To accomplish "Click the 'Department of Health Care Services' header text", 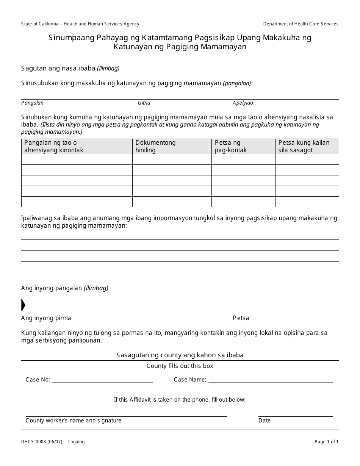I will (301, 24).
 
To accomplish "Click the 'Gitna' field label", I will (144, 103).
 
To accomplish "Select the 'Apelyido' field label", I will (243, 103).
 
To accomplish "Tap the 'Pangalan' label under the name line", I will (32, 103).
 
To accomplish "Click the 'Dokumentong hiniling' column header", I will (156, 146).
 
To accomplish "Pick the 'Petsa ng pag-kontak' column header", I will (231, 146).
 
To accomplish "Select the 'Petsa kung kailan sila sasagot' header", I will (304, 146).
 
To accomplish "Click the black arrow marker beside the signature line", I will (23, 305).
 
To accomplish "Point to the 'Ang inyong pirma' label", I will (46, 318).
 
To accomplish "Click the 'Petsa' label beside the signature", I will (241, 318).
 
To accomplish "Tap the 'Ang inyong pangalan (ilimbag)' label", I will (64, 288).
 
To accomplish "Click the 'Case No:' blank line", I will (102, 380).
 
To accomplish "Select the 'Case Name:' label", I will (190, 380).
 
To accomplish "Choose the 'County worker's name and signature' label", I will (74, 421).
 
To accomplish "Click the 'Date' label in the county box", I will (265, 421).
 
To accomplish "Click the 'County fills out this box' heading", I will (180, 366).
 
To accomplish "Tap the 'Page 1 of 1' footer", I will (326, 442).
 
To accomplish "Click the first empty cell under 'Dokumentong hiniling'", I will (172, 160).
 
